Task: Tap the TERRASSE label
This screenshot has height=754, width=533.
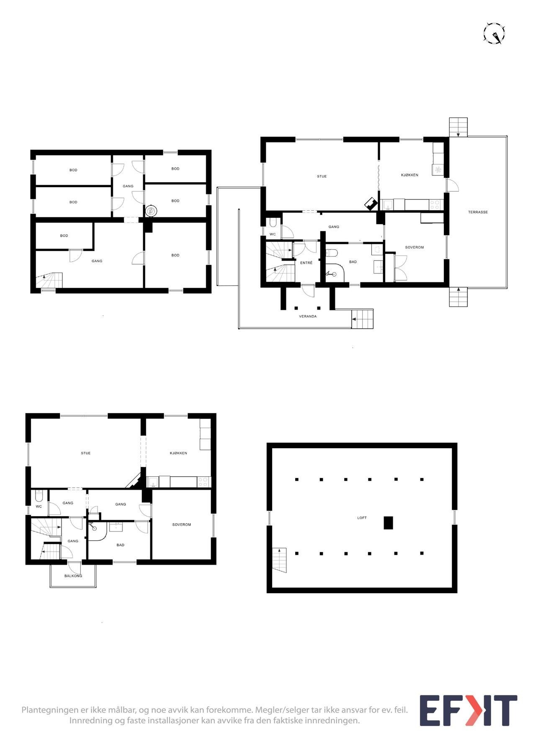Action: tap(478, 212)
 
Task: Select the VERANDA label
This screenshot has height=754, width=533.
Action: tap(308, 316)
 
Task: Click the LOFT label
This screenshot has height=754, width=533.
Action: tap(362, 518)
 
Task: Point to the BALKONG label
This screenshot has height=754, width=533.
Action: tap(73, 576)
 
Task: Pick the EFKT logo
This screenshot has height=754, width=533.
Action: tap(469, 711)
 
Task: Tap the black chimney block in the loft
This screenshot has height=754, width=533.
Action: tap(389, 523)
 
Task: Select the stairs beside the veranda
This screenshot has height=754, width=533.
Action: tap(362, 320)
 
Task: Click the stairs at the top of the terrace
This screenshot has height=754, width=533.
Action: tap(458, 127)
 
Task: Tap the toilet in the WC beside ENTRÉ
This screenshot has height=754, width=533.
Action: tap(273, 222)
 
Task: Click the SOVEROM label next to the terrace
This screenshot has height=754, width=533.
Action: tap(415, 248)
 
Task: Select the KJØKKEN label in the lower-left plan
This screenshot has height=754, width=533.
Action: tap(178, 453)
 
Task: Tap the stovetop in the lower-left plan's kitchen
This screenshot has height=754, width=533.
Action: tap(203, 482)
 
